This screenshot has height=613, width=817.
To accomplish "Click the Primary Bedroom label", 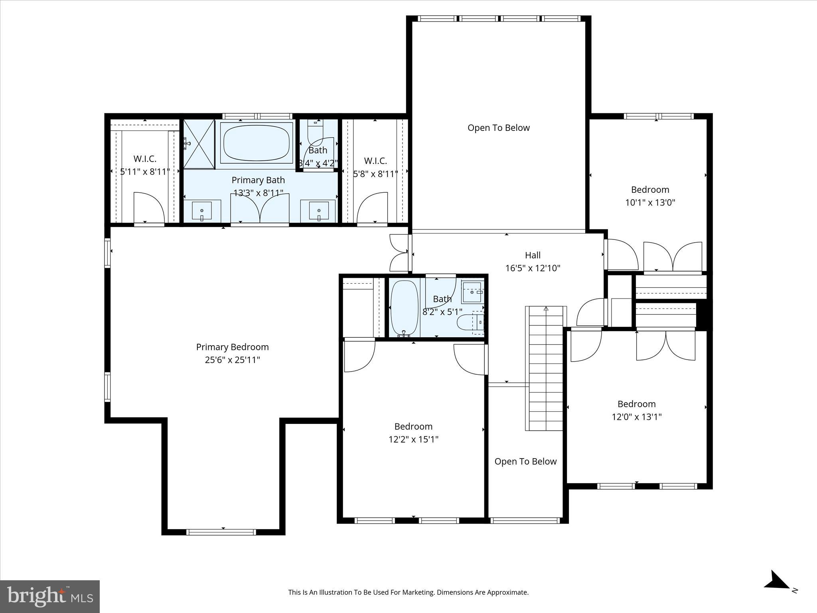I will (232, 347).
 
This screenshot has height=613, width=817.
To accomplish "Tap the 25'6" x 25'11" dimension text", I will (232, 360).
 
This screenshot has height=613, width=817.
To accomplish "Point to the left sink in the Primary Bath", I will (202, 211).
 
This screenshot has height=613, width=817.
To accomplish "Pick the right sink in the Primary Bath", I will (319, 211).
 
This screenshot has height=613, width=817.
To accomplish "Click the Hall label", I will (533, 255).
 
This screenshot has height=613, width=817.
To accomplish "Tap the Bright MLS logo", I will (50, 596).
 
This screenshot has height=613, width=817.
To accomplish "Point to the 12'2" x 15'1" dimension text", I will (413, 439).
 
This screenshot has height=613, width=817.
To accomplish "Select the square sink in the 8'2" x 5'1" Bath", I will (472, 292).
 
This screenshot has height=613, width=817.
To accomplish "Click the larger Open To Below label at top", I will (498, 128).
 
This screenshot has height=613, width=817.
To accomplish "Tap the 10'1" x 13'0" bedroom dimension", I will (650, 202).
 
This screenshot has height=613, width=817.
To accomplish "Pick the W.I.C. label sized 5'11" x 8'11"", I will (145, 159).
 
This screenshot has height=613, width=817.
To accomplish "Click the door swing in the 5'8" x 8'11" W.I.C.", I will (372, 208).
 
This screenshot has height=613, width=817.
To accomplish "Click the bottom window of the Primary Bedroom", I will (221, 532).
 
